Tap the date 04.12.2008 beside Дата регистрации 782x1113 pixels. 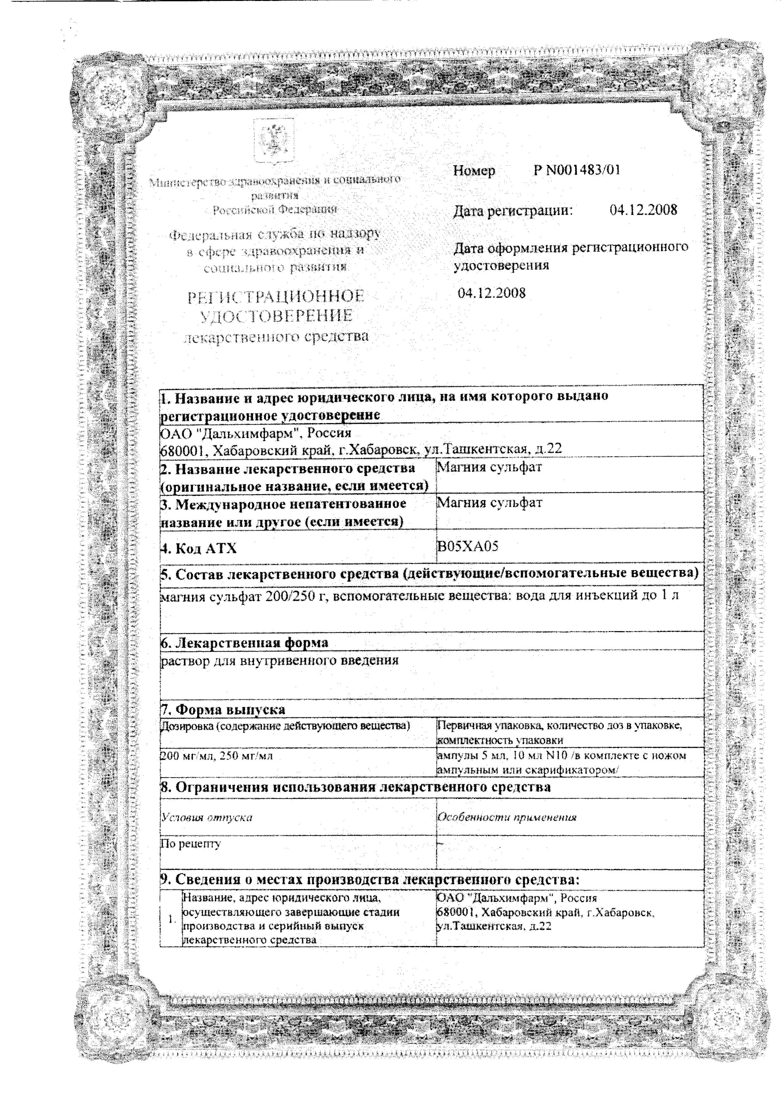pos(643,210)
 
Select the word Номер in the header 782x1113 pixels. pos(474,171)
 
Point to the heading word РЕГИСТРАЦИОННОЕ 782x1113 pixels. pos(276,297)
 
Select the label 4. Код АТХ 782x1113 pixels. pos(199,548)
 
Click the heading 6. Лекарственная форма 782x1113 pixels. pos(244,643)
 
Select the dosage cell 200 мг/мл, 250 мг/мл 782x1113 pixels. pos(216,755)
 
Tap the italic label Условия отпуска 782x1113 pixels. pos(207,817)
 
